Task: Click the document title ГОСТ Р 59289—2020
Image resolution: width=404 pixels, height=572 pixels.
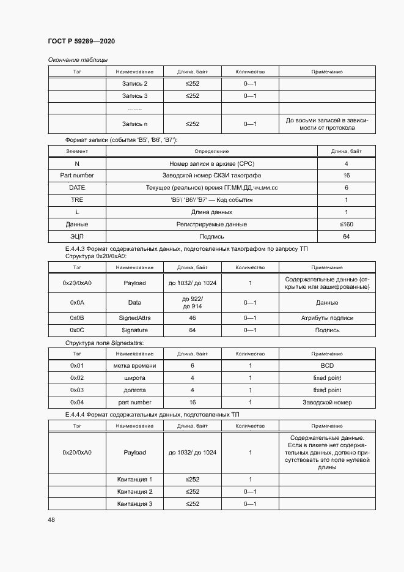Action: point(81,41)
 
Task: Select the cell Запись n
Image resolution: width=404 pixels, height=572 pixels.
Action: point(134,124)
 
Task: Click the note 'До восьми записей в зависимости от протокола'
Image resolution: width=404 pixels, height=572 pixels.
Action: point(326,124)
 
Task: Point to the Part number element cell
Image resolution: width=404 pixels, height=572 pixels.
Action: point(77,175)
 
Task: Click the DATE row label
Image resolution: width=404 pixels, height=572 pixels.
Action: point(77,187)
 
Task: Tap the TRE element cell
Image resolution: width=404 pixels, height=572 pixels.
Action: point(77,199)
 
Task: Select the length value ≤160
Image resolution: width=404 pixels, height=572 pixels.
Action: point(346,225)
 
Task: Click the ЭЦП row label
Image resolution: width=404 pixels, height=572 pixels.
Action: point(77,237)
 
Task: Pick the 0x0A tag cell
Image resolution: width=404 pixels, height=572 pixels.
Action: point(77,302)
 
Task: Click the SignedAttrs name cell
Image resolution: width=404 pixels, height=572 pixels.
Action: point(134,318)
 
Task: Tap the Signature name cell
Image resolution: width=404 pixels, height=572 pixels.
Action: point(134,330)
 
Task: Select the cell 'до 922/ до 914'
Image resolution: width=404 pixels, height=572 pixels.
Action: point(193,302)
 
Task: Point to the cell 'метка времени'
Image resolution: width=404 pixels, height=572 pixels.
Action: point(134,365)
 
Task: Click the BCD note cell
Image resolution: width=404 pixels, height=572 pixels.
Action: point(326,365)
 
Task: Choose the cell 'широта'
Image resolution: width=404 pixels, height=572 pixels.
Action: point(134,377)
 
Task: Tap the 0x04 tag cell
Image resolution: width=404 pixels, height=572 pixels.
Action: point(77,402)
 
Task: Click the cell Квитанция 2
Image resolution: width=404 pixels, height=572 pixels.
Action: point(134,491)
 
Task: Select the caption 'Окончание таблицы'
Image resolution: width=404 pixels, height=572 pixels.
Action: point(78,59)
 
